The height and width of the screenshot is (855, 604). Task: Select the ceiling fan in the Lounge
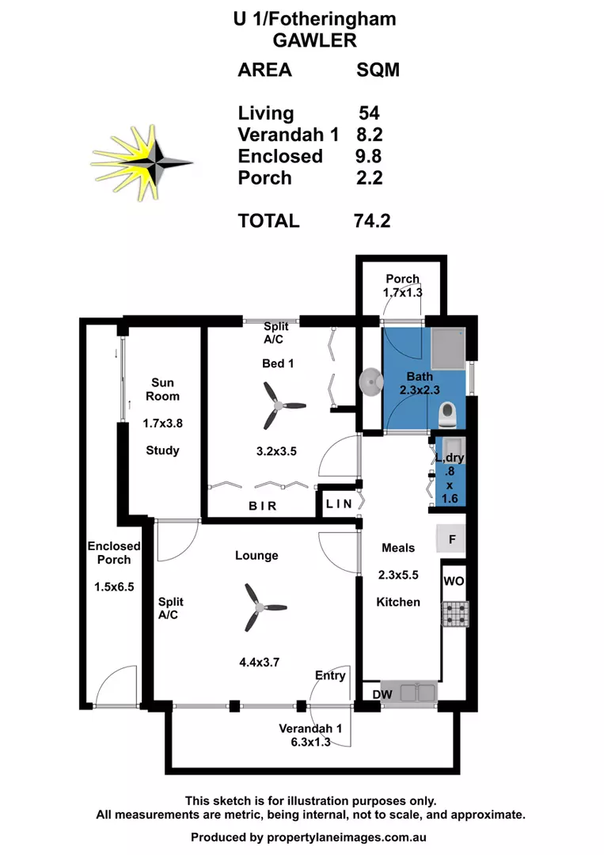256,608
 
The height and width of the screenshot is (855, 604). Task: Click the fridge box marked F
452,541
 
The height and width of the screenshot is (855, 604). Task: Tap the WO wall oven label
454,581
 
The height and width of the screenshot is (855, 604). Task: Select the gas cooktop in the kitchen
454,614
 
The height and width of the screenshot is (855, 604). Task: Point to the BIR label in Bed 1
263,506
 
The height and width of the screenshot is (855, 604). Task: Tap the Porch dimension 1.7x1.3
402,292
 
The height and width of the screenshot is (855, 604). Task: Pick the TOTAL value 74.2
372,220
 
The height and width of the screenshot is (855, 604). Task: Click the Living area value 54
369,113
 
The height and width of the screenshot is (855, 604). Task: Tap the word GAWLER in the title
314,40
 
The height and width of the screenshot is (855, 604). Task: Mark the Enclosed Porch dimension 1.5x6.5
114,588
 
